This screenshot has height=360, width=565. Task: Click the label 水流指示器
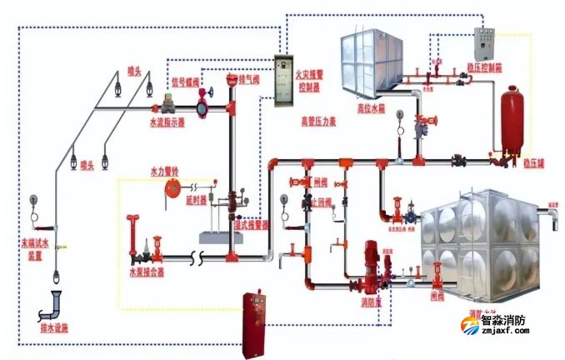point(167,122)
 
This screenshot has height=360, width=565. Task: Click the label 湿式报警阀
point(251,224)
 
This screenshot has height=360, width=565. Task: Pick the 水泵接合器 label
point(146,272)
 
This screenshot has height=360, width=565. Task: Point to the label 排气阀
point(250,80)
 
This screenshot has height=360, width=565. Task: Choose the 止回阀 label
point(321,202)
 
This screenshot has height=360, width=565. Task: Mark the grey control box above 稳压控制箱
point(484,42)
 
